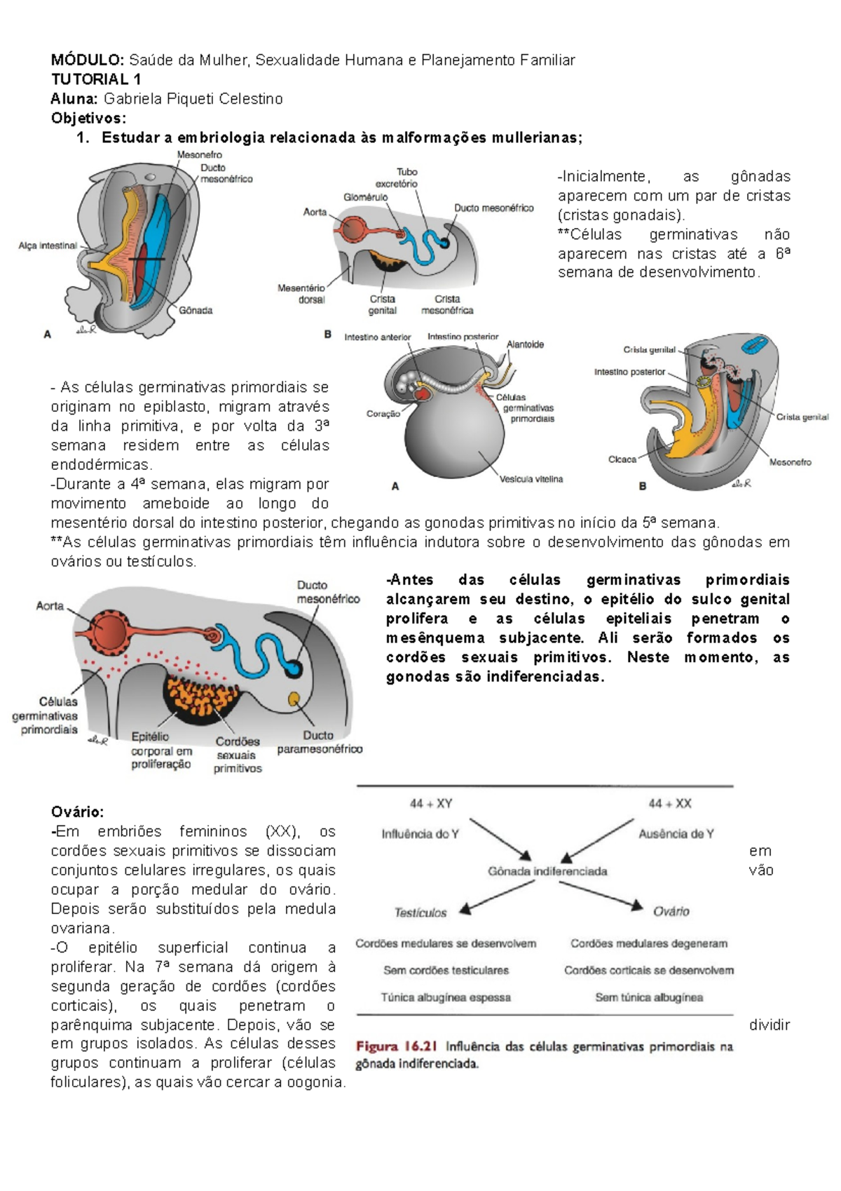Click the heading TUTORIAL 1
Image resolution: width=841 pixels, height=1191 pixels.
[x=96, y=79]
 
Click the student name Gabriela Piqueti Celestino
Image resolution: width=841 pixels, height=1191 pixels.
[x=193, y=99]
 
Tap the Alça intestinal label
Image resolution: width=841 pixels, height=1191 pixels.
[x=48, y=246]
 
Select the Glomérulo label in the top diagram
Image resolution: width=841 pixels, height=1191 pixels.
[x=365, y=198]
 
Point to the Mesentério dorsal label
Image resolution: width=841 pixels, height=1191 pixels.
[x=302, y=294]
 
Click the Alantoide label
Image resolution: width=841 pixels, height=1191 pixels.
[x=525, y=344]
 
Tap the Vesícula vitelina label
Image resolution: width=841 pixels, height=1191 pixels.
[x=531, y=479]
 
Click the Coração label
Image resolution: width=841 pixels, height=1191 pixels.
[x=383, y=414]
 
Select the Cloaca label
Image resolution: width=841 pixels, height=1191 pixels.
[x=622, y=459]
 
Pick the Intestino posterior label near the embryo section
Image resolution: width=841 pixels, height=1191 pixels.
[x=629, y=372]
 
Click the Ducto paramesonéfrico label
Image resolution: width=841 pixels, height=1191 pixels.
[x=320, y=742]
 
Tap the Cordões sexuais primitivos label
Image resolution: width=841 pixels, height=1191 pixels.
[x=238, y=755]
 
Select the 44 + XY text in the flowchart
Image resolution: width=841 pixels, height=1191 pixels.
[x=431, y=804]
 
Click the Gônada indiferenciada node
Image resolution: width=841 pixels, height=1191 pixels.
[x=547, y=871]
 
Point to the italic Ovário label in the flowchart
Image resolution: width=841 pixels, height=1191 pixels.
[x=671, y=911]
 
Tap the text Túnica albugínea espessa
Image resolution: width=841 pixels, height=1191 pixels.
[x=446, y=997]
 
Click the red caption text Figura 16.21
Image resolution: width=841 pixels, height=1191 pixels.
[x=397, y=1047]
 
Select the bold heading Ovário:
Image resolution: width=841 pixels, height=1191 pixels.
[x=77, y=812]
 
